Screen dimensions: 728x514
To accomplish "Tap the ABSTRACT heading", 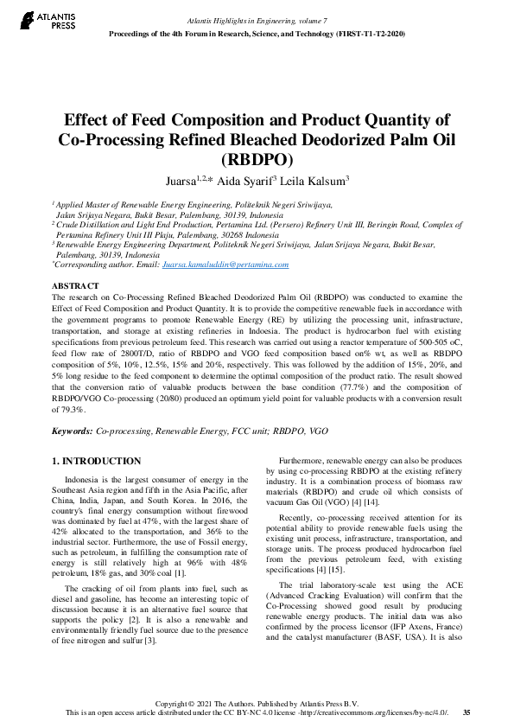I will click(x=75, y=285).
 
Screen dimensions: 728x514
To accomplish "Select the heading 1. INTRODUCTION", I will click(x=96, y=462).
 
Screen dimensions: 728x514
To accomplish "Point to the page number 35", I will click(x=466, y=712).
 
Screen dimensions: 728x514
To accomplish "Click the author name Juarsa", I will click(x=182, y=180).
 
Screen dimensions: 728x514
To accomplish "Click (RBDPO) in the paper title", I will click(x=257, y=159).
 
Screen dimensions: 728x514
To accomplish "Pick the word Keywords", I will click(x=71, y=430).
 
